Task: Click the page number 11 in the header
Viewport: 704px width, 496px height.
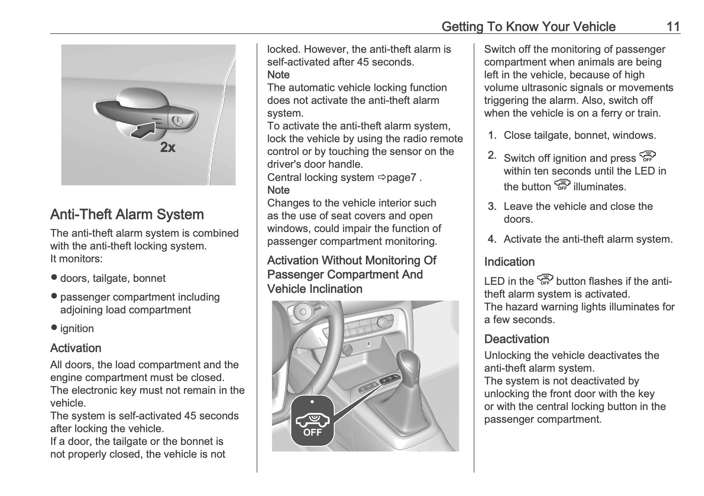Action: (x=673, y=27)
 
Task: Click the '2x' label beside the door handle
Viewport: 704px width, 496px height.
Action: (x=168, y=148)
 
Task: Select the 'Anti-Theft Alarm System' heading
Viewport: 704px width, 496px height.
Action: (x=127, y=214)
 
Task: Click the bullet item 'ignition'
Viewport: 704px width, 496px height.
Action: (x=77, y=329)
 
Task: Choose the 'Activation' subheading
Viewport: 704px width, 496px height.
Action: (x=76, y=348)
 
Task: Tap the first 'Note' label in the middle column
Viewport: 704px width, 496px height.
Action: (x=278, y=75)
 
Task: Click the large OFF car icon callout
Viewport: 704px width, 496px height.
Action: (x=312, y=421)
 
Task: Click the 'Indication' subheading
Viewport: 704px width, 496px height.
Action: (x=509, y=262)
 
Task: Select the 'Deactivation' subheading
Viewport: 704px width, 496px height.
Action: (x=517, y=339)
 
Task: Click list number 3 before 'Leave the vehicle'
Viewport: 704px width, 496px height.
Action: (x=492, y=207)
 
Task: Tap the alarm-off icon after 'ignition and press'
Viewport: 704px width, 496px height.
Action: (x=647, y=157)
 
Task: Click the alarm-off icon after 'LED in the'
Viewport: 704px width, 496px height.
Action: (x=545, y=280)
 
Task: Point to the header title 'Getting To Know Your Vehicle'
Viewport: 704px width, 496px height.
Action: (x=528, y=27)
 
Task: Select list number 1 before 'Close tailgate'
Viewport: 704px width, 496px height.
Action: (x=492, y=136)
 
